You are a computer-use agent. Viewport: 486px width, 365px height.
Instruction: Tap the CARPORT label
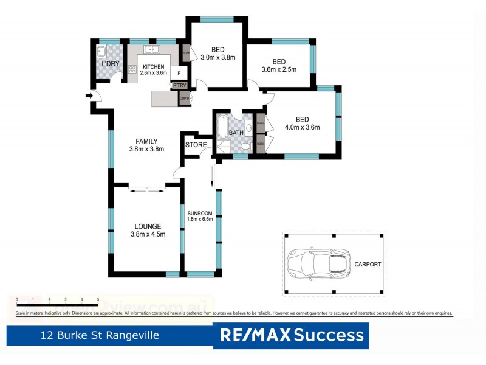point(368,265)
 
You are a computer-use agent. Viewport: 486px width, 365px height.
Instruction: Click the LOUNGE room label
point(148,226)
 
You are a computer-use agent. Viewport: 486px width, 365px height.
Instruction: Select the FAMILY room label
point(147,141)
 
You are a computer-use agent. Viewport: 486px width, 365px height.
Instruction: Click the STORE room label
point(196,145)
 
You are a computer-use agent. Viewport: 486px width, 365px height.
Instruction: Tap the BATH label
point(236,133)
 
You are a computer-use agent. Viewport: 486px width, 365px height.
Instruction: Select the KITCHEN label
point(153,66)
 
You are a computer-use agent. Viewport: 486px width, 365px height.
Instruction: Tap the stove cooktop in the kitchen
point(132,69)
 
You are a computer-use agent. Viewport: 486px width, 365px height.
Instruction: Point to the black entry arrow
point(90,96)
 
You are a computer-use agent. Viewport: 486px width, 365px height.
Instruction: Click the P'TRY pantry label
point(179,86)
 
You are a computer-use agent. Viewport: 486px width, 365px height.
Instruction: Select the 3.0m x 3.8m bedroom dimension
point(219,58)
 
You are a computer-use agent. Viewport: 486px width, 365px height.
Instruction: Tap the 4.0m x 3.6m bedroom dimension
point(302,127)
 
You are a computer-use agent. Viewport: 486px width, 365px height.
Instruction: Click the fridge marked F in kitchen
point(179,73)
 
